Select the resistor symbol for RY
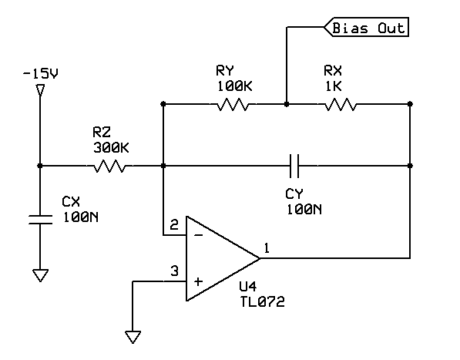click(x=232, y=103)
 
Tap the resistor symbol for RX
click(x=340, y=103)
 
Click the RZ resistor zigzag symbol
click(x=109, y=165)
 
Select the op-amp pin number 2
click(x=174, y=225)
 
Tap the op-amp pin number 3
click(x=174, y=271)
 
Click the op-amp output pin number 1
click(x=267, y=248)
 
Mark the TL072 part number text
click(x=262, y=303)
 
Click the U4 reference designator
click(x=248, y=289)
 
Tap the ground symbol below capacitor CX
click(x=39, y=274)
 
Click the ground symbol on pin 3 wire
click(x=133, y=337)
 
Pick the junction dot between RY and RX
click(x=287, y=103)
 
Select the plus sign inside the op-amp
click(x=197, y=281)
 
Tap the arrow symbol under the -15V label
click(x=40, y=90)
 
